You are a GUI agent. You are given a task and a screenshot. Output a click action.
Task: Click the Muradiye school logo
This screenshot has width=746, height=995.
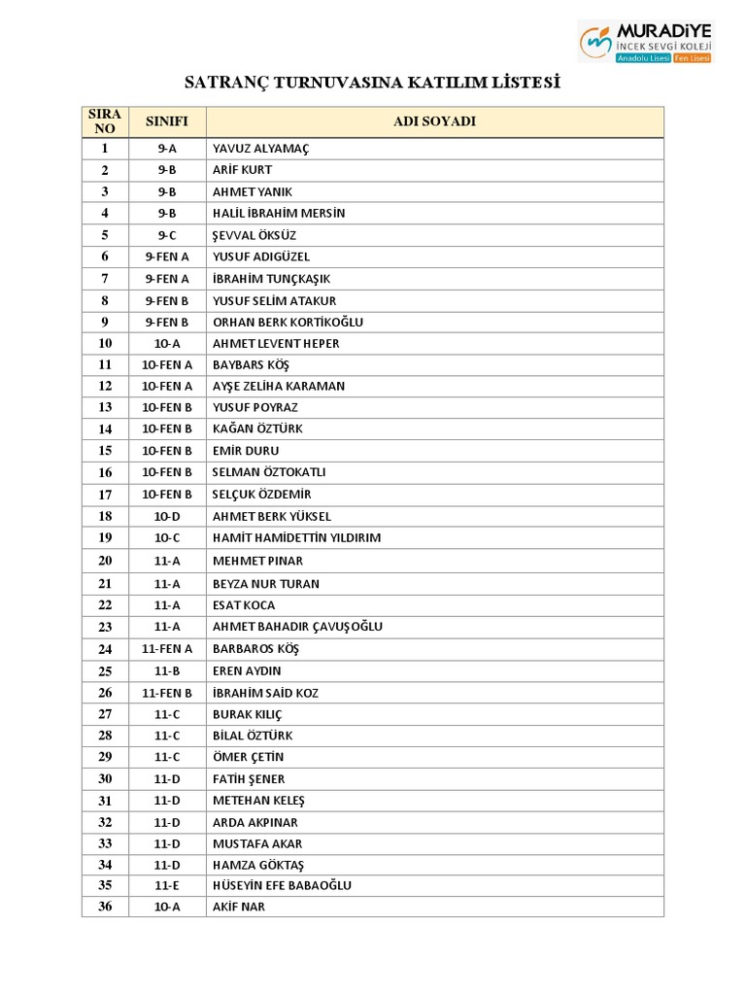(x=646, y=43)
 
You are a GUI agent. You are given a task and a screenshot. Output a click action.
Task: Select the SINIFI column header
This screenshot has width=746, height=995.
(x=167, y=121)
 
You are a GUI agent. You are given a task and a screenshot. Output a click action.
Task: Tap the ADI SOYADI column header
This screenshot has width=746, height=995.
(x=434, y=121)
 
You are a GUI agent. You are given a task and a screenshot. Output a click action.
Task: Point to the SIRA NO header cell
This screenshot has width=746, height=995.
(x=105, y=121)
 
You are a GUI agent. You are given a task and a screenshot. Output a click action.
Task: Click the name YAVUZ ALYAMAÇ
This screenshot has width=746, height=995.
(x=260, y=149)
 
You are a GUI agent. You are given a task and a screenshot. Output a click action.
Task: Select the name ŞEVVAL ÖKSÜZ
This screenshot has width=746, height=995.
(x=254, y=235)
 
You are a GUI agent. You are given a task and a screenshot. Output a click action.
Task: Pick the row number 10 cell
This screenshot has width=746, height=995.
(x=105, y=343)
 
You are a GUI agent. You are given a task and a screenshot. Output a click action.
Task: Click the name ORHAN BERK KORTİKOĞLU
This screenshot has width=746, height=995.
(x=288, y=322)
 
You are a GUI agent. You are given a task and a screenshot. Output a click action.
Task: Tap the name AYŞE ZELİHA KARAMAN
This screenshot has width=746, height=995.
(x=279, y=386)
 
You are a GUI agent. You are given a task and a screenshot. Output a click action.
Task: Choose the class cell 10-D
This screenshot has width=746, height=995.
(x=167, y=516)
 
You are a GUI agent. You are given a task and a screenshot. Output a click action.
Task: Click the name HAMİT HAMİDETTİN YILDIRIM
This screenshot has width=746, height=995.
(x=296, y=537)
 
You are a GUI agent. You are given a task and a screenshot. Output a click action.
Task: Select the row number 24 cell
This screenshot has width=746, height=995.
(x=105, y=649)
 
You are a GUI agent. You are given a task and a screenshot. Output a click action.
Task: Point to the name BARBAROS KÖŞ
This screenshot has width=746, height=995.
(x=255, y=649)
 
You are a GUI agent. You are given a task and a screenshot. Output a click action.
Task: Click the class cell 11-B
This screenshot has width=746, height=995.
(x=167, y=671)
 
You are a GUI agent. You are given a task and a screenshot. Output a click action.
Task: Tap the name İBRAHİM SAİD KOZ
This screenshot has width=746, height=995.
(x=265, y=693)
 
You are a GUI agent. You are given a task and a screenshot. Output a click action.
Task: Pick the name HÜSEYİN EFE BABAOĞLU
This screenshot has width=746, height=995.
(x=282, y=885)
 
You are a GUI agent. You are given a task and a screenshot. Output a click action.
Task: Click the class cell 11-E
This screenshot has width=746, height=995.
(x=167, y=885)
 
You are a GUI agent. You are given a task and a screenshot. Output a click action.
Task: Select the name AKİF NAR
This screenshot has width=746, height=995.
(x=239, y=907)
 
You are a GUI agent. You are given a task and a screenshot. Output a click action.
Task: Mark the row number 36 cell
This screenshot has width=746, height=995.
(x=105, y=907)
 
